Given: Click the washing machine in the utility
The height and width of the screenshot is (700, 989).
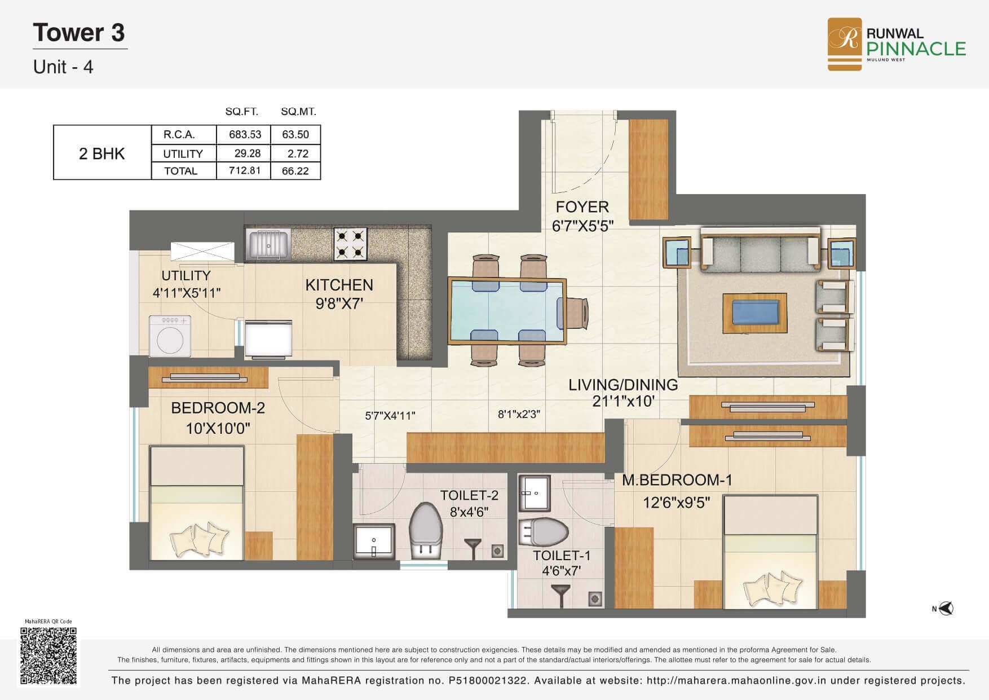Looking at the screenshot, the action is [x=170, y=336].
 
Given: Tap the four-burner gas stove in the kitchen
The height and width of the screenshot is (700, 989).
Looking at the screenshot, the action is [x=350, y=244].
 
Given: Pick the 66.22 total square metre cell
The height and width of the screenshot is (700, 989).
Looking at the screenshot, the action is [x=295, y=171].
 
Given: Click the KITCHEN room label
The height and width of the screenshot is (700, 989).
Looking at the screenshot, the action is [x=339, y=285].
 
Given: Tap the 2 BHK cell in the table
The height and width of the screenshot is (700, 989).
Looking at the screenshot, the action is [x=102, y=153].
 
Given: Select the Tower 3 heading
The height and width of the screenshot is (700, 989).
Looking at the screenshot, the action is [x=79, y=32].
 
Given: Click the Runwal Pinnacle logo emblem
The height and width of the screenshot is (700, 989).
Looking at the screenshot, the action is [x=844, y=44].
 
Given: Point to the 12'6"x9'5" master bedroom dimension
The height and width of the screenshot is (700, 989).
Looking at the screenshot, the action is [x=676, y=502].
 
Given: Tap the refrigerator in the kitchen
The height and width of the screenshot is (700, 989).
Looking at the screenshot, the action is [x=268, y=338].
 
